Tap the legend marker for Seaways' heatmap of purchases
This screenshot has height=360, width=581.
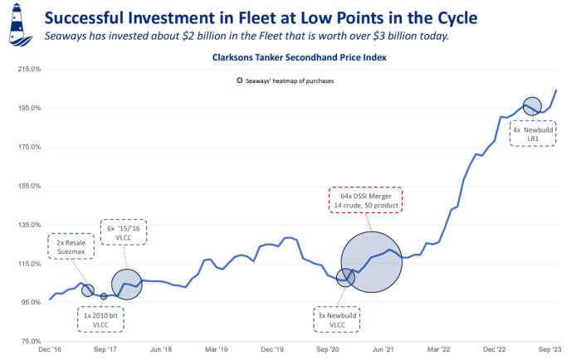click(x=239, y=81)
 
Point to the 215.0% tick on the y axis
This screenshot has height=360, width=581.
click(x=29, y=69)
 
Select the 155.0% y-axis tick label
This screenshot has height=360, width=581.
click(x=29, y=186)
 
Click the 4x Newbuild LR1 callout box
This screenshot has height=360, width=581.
click(x=534, y=134)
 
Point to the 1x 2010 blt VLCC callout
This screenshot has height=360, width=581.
click(x=100, y=319)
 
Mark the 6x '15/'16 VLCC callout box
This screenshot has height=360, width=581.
click(x=124, y=232)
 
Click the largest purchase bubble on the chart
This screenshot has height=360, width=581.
click(x=373, y=261)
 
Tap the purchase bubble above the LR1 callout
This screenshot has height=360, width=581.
click(x=532, y=106)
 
